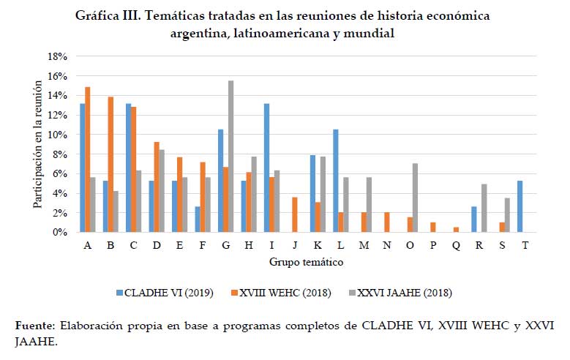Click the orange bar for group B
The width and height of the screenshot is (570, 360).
click(110, 165)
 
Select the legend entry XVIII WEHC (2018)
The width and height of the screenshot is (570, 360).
click(293, 293)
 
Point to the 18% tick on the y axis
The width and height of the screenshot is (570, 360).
click(57, 56)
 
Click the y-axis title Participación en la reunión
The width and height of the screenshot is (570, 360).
click(37, 144)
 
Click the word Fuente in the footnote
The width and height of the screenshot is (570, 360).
click(35, 324)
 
